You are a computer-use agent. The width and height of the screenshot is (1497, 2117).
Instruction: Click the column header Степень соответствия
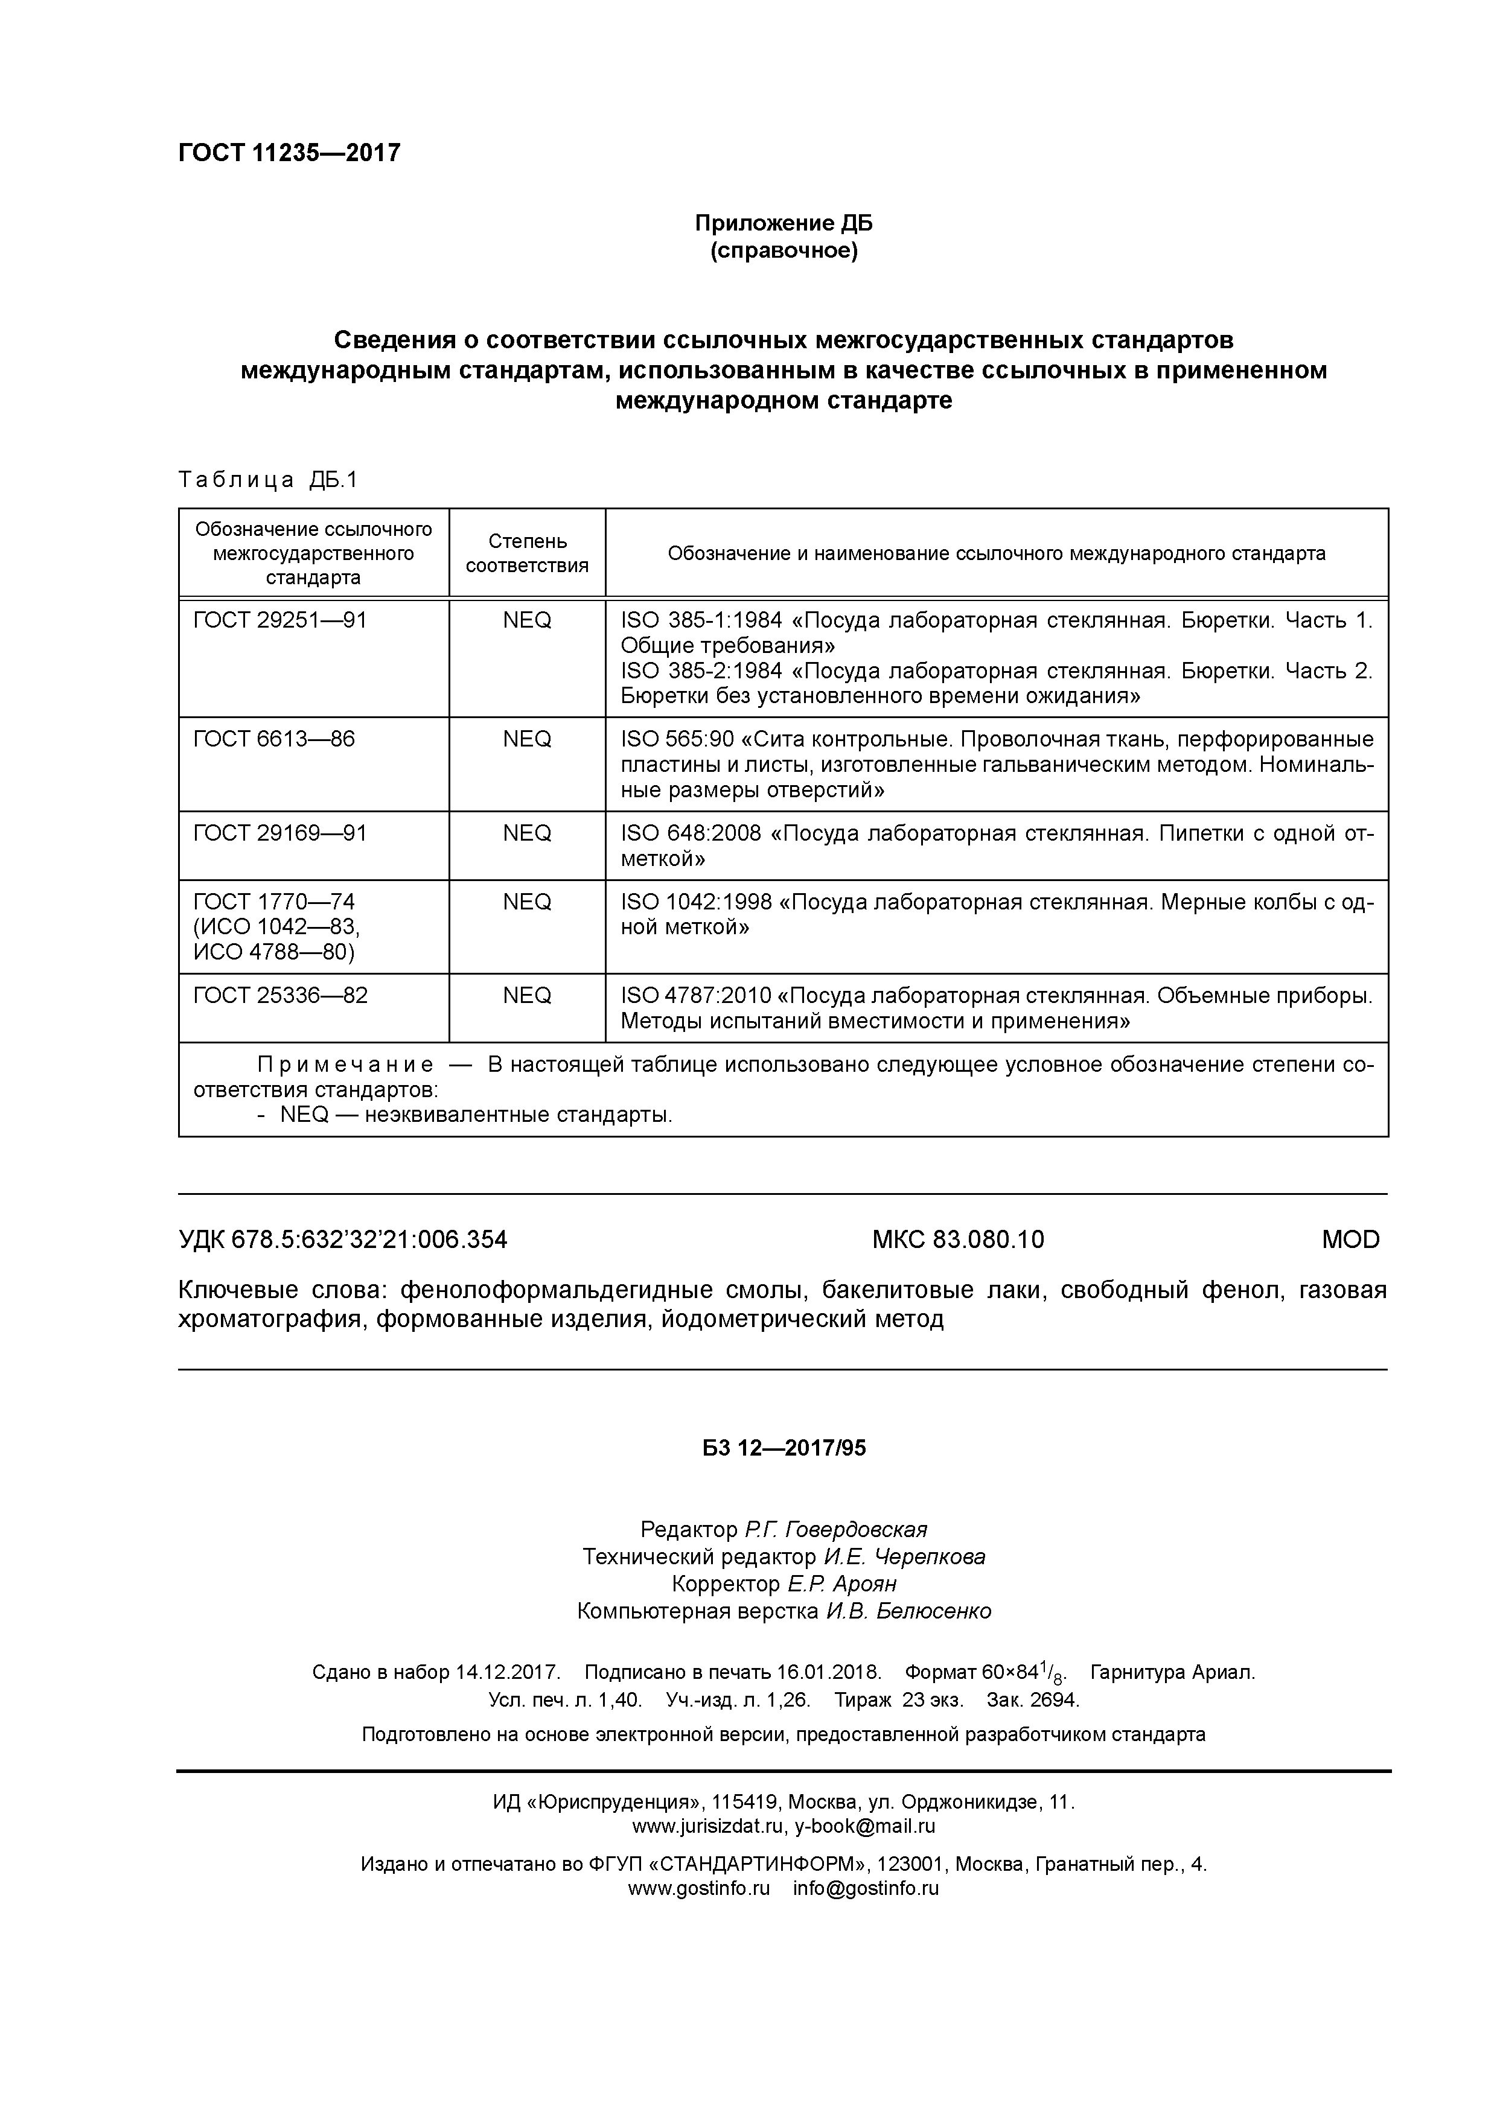click(527, 553)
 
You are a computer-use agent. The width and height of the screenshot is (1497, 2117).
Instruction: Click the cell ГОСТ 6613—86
click(274, 739)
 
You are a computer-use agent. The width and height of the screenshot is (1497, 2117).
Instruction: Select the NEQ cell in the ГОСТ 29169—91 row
click(527, 833)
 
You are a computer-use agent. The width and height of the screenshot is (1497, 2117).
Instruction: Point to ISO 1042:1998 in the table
click(697, 902)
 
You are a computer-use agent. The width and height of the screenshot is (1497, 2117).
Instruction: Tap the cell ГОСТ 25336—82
click(281, 996)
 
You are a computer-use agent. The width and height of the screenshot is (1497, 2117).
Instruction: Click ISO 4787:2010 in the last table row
click(697, 996)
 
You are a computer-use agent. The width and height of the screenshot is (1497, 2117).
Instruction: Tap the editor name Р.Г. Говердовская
click(835, 1530)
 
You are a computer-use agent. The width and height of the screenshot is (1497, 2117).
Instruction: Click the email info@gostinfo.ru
click(865, 1888)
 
